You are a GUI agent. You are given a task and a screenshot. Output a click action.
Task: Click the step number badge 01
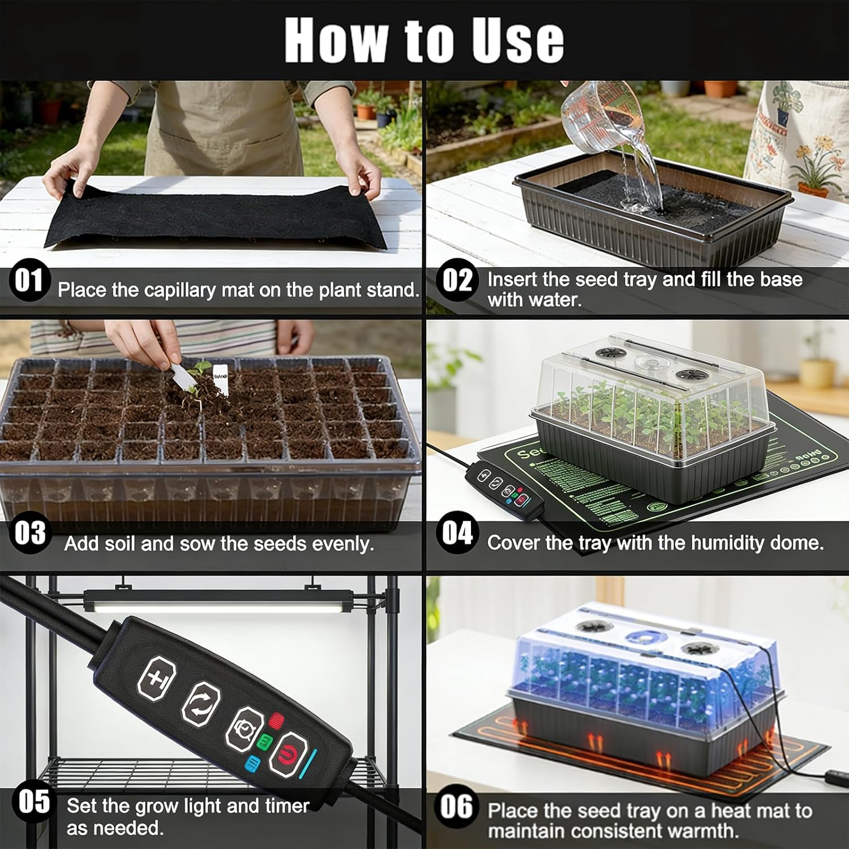(x=29, y=280)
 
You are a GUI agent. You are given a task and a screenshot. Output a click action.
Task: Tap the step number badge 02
(x=457, y=280)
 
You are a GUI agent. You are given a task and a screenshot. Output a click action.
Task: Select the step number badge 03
(x=29, y=533)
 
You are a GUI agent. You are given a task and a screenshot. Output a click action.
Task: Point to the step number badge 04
(x=457, y=533)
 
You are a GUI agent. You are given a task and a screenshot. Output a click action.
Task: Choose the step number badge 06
(x=456, y=806)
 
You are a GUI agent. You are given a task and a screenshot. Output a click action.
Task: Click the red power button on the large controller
(x=288, y=753)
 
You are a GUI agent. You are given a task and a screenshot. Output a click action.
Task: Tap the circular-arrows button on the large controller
(x=201, y=702)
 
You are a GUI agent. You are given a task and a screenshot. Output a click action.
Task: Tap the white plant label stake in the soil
(x=220, y=375)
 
